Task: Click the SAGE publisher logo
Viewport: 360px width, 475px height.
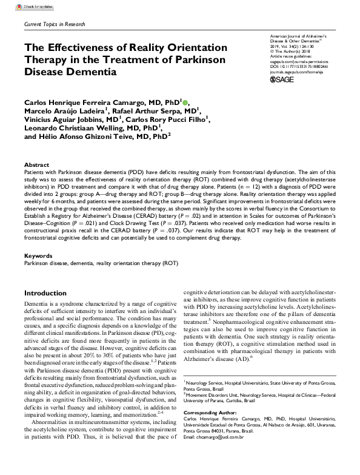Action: tap(282, 79)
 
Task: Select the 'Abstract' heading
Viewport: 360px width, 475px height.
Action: tap(36, 165)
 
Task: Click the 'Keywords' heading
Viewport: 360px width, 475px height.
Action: tap(38, 256)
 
